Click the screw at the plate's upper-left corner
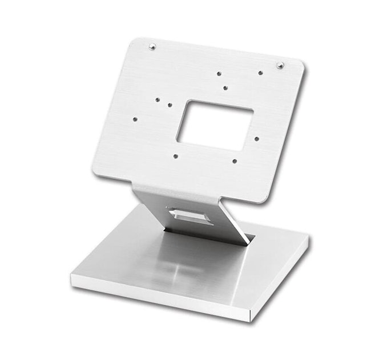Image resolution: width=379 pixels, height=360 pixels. pyautogui.click(x=152, y=47)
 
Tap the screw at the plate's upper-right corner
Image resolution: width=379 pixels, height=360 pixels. pyautogui.click(x=280, y=65)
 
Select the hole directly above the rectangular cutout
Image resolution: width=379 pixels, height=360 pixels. pyautogui.click(x=225, y=88)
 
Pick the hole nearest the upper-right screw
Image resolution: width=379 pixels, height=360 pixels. pyautogui.click(x=260, y=73)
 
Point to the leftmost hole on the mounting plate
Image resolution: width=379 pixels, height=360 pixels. pyautogui.click(x=135, y=119)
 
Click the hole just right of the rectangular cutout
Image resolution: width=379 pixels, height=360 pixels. pyautogui.click(x=257, y=138)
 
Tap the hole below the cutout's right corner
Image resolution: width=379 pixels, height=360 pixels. pyautogui.click(x=235, y=161)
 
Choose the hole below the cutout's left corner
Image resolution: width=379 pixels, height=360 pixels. pyautogui.click(x=175, y=155)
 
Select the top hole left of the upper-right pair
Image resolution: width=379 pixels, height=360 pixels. pyautogui.click(x=219, y=73)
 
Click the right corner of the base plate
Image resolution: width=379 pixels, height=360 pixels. pyautogui.click(x=309, y=240)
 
